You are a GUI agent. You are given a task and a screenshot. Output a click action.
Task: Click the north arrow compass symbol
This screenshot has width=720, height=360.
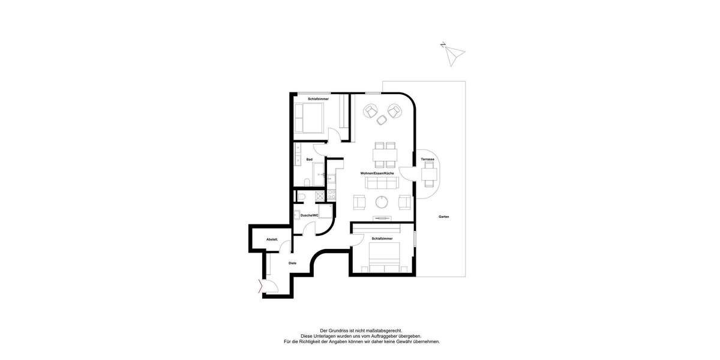452,54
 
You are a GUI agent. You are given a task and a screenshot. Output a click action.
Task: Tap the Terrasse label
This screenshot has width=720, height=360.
427,159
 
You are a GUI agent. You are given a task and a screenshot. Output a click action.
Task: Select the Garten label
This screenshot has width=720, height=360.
443,217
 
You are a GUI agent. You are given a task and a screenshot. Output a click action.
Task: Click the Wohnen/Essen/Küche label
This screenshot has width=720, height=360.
377,173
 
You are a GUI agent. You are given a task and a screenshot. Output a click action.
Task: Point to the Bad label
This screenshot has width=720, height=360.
309,159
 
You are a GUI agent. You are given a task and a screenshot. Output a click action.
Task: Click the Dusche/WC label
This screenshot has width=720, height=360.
310,214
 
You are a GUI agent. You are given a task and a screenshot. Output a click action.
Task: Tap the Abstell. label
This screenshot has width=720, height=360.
272,239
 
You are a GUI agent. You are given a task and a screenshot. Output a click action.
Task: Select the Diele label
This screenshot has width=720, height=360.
292,263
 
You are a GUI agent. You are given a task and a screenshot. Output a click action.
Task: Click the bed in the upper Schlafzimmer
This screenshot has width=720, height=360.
310,118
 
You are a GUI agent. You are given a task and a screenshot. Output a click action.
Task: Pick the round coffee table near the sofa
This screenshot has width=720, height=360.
382,202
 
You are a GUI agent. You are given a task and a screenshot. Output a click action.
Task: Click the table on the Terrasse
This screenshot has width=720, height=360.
429,175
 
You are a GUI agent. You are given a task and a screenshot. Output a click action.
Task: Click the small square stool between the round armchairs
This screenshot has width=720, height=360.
382,121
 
